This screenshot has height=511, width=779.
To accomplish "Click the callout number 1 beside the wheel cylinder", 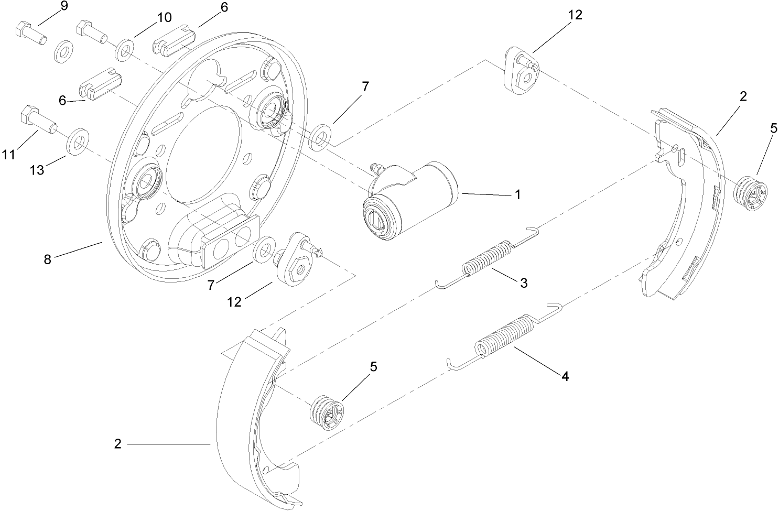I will tap(517, 195).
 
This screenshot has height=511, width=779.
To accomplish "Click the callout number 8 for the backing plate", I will tap(48, 259).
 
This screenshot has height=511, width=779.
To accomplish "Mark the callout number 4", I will tap(565, 376).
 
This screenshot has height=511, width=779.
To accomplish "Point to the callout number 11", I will tap(8, 155).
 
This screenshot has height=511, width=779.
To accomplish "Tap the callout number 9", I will tap(64, 7).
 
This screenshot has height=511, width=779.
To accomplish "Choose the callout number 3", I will tap(524, 284).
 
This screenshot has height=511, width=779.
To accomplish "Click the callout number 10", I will tap(164, 18).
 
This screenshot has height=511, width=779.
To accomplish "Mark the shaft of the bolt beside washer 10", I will tap(99, 36).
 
